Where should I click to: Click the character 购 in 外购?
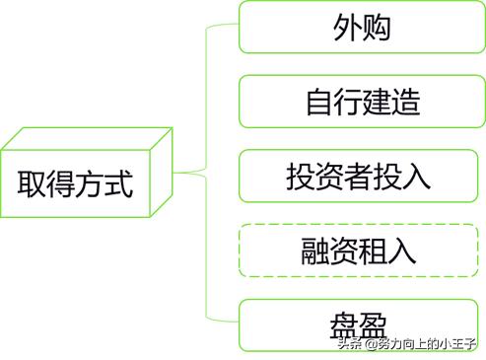tap(377, 28)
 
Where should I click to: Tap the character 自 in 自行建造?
tap(317, 103)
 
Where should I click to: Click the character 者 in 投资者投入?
tap(359, 177)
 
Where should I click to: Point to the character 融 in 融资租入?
tap(317, 251)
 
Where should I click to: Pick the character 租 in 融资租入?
tap(376, 251)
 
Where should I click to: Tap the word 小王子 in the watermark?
tap(456, 343)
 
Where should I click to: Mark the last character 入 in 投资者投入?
tap(417, 177)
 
